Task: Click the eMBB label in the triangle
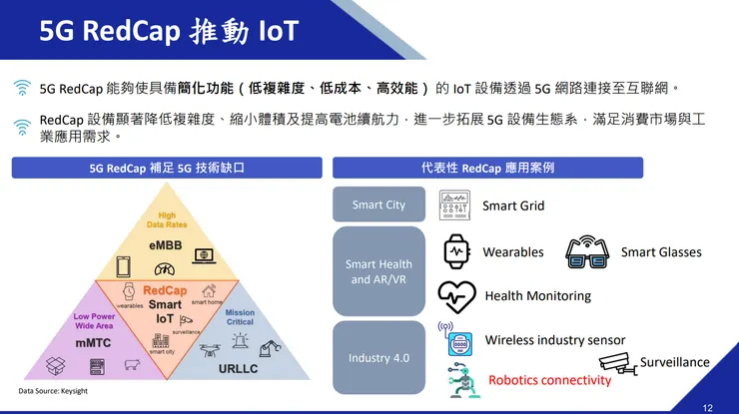[165, 244]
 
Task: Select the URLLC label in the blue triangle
[239, 368]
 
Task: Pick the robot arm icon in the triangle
[269, 348]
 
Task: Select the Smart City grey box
[378, 206]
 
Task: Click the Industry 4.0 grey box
[378, 357]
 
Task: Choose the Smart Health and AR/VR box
[378, 271]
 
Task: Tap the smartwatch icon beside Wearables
[456, 252]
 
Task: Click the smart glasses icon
[587, 253]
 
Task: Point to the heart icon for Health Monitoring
[456, 296]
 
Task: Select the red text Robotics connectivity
[549, 380]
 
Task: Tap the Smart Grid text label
[513, 206]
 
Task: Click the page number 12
[707, 407]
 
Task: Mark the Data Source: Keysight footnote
[52, 391]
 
